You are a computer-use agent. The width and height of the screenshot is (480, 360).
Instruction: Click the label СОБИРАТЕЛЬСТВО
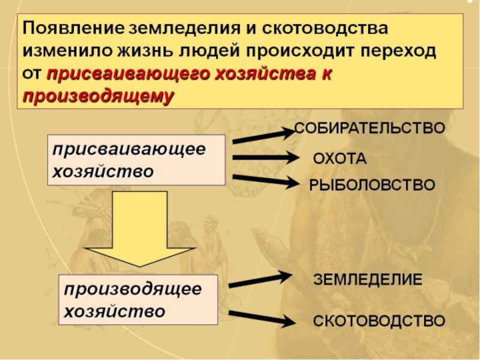[369, 128]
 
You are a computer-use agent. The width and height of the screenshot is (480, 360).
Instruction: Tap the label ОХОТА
[340, 159]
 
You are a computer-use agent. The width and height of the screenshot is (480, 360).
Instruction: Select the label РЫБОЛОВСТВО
[371, 185]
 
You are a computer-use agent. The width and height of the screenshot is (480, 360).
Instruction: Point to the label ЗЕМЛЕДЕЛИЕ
[368, 280]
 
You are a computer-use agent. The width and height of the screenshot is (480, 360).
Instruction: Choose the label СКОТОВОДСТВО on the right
[379, 320]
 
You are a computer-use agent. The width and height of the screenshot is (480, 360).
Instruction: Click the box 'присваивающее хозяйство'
[136, 160]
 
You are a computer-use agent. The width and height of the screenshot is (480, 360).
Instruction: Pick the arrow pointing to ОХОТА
[264, 158]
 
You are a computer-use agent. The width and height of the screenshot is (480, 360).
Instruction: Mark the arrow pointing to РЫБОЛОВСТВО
[264, 180]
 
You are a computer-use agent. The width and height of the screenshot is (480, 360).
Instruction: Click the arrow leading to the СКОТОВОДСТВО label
[261, 318]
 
